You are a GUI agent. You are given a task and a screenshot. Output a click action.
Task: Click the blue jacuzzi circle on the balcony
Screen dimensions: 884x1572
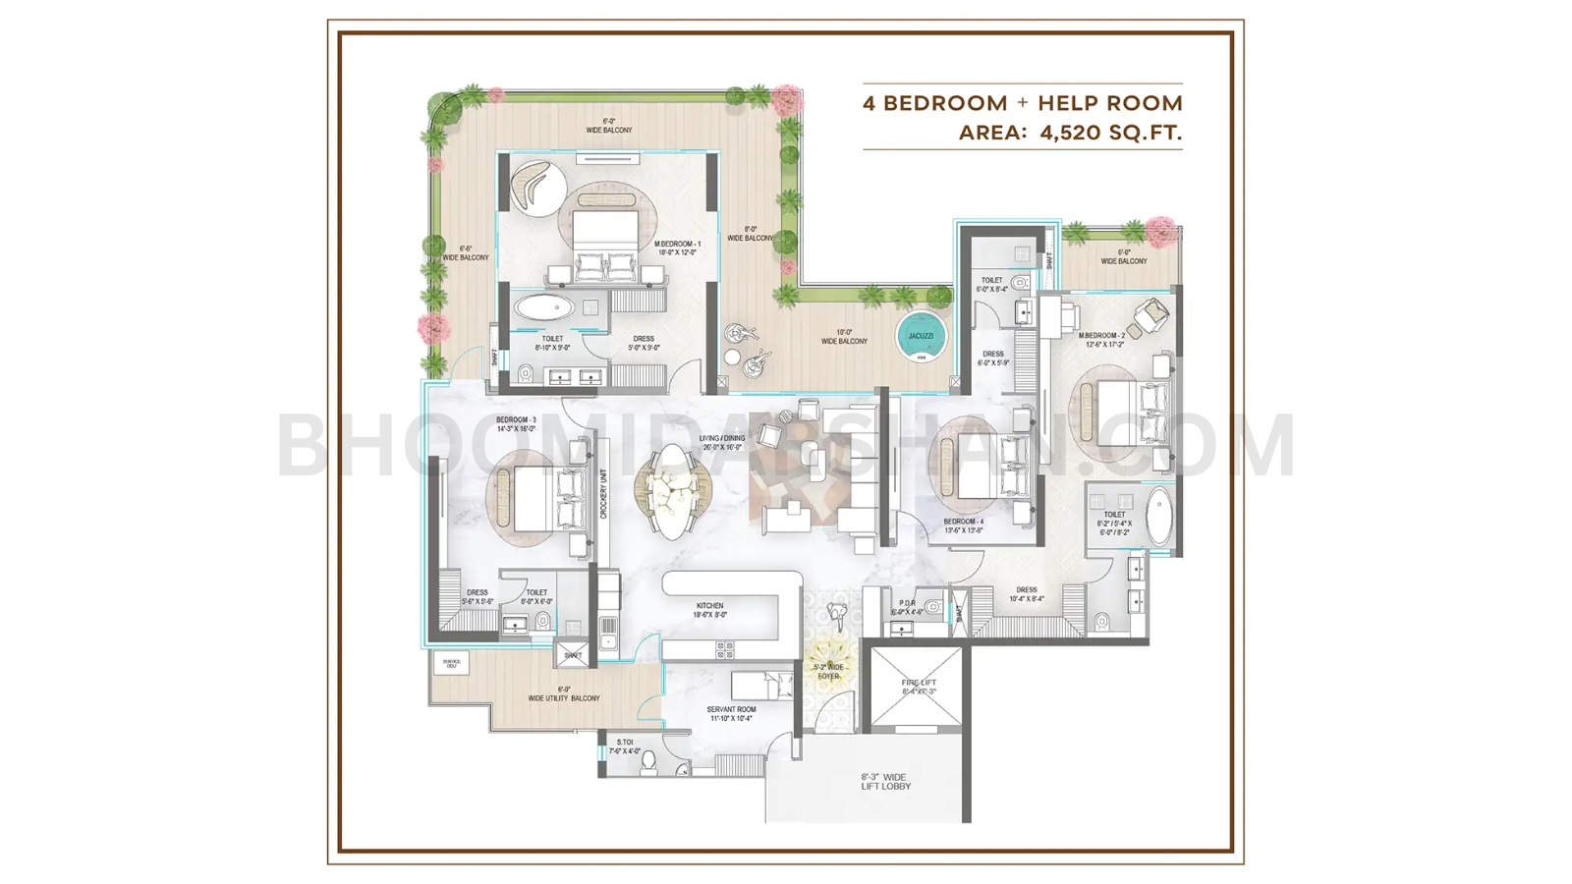pyautogui.click(x=921, y=336)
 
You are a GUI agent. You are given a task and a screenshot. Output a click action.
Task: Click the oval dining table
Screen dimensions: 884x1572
pyautogui.click(x=673, y=491)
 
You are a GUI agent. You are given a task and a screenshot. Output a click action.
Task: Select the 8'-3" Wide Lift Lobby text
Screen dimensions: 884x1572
pyautogui.click(x=884, y=781)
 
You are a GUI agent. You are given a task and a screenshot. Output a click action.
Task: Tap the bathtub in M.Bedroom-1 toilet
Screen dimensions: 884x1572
pyautogui.click(x=545, y=307)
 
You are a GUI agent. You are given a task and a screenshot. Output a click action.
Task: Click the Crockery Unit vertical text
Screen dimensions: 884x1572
pyautogui.click(x=603, y=494)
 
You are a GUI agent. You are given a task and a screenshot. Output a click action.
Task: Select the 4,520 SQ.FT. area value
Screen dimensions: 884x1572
pyautogui.click(x=1110, y=133)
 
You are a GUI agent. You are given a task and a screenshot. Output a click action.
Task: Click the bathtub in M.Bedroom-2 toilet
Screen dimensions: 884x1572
pyautogui.click(x=1159, y=515)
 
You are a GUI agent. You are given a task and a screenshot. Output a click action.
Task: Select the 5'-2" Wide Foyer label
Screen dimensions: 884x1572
pyautogui.click(x=828, y=671)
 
